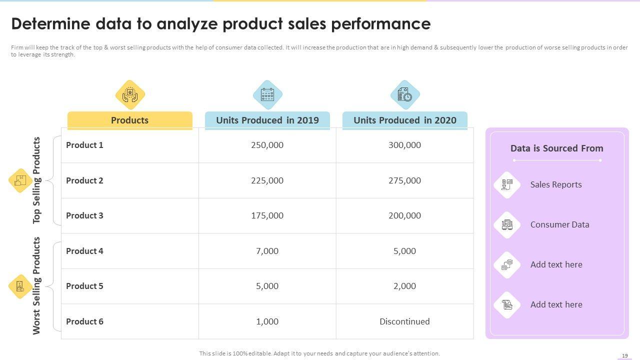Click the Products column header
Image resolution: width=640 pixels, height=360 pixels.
point(129,120)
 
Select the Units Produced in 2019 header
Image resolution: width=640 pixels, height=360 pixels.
point(267,120)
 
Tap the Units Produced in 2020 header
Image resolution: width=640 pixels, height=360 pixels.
point(404,120)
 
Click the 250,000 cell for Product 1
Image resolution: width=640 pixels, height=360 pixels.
point(267,145)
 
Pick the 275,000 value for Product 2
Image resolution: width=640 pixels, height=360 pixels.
point(404,180)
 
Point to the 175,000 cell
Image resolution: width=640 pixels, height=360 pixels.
point(267,215)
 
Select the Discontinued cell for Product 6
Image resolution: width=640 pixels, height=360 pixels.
point(404,321)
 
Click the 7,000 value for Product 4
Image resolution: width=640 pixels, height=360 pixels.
point(267,251)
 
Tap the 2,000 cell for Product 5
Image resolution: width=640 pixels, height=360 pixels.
point(404,286)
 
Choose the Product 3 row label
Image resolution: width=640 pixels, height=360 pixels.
point(84,215)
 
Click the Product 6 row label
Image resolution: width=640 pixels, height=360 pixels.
point(84,321)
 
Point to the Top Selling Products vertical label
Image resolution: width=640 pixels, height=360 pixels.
point(36,180)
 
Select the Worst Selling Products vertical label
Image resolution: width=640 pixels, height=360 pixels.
point(36,285)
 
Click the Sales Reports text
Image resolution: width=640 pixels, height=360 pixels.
point(556,184)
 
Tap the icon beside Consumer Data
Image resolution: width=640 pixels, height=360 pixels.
point(507,224)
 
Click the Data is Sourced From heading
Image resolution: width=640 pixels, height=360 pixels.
point(556,148)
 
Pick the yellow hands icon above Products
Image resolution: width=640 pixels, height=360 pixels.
point(130,94)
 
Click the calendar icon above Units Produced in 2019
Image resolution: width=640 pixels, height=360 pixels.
point(267,94)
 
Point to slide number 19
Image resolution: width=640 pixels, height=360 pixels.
point(624,355)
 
